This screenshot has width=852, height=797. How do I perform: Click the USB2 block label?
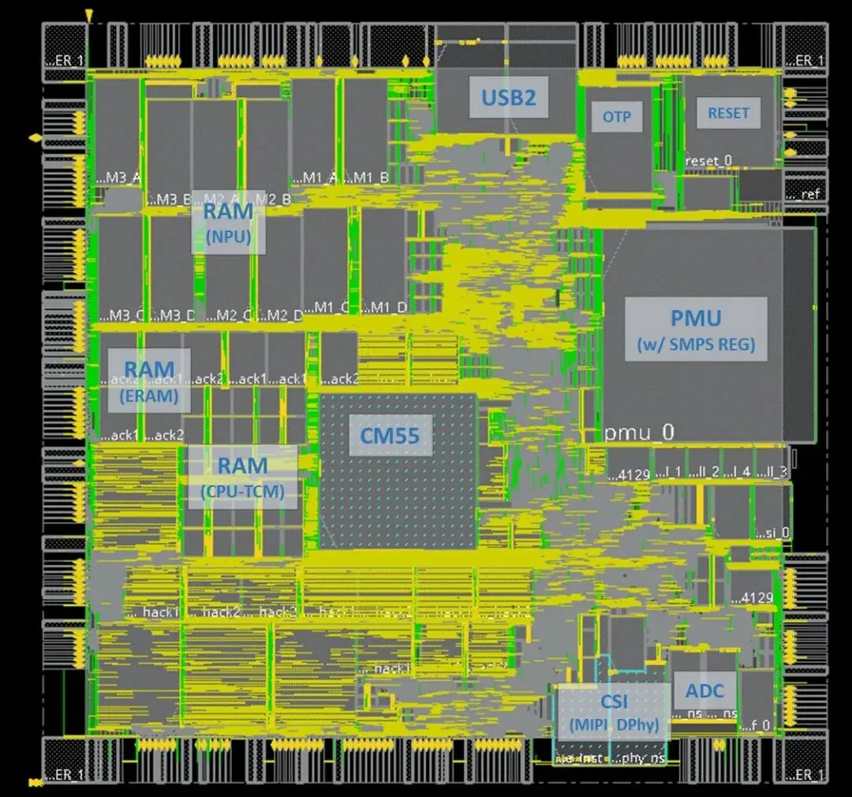click(x=509, y=97)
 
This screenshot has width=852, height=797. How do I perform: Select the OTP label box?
click(x=617, y=117)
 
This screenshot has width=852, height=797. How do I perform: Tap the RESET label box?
click(x=728, y=113)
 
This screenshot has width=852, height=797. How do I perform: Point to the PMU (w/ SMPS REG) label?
click(x=696, y=329)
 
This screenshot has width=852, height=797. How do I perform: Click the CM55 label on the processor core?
click(x=390, y=435)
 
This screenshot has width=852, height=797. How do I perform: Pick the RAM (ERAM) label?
click(x=149, y=380)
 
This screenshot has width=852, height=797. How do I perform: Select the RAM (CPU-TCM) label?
click(x=242, y=477)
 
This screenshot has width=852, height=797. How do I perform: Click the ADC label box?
click(x=704, y=692)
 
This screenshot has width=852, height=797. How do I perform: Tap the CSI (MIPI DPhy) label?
click(x=613, y=712)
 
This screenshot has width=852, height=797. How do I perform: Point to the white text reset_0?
click(x=708, y=161)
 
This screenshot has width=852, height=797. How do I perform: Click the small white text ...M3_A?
click(x=118, y=178)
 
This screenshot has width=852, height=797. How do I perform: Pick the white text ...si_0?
click(x=772, y=533)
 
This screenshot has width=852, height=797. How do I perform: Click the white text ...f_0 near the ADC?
click(x=756, y=724)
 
